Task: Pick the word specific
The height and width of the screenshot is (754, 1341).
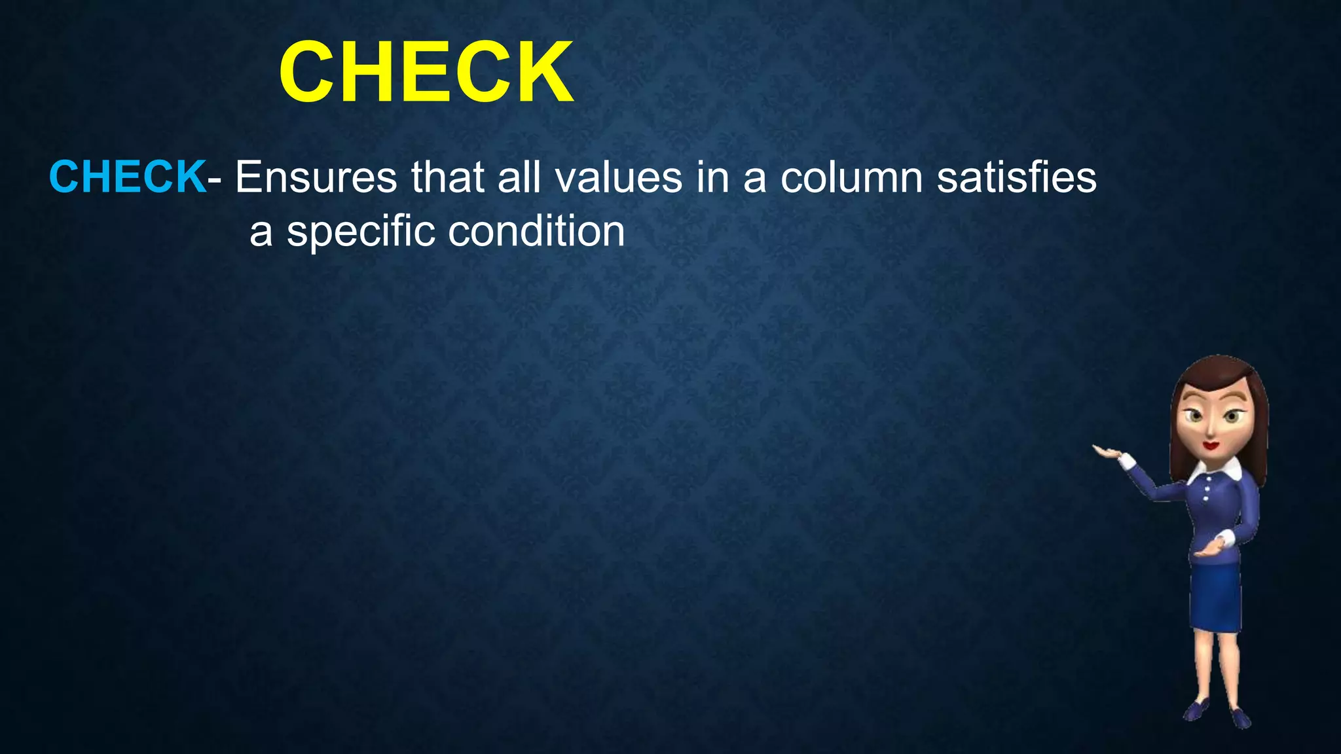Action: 361,232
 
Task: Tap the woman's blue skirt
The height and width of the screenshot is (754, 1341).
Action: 1216,596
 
